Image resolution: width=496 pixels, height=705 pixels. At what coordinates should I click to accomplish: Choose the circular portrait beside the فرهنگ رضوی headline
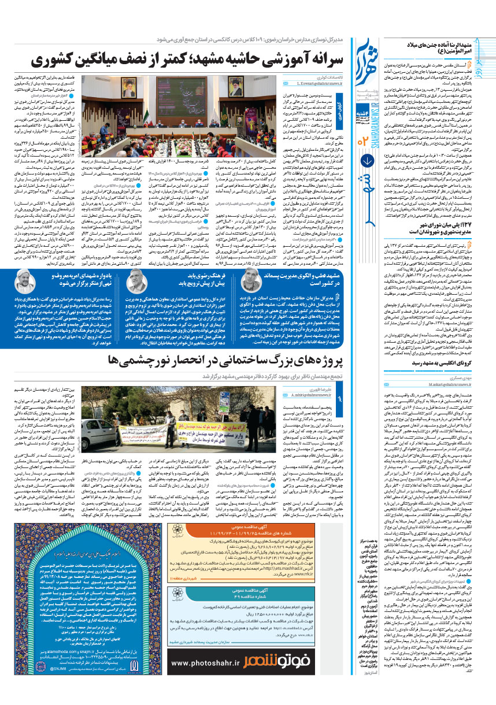tap(136, 281)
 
